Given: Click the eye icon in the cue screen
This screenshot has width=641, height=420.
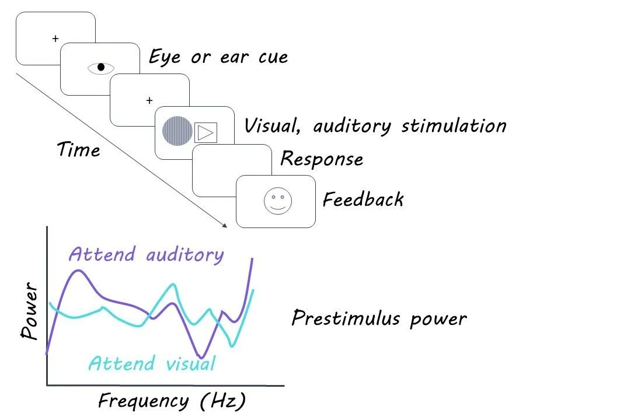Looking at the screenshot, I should point(100,68).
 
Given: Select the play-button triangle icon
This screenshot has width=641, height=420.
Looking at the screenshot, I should point(205,133).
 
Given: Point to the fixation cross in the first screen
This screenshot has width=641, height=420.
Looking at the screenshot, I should point(55,39).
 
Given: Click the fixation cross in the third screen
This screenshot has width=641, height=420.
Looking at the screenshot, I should point(149,100).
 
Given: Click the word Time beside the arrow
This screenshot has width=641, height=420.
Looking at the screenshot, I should point(79,150).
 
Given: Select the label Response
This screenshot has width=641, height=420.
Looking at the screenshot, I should point(322,159).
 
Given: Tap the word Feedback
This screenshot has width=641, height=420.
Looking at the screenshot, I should point(363,199).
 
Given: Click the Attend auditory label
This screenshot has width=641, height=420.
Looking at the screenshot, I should point(146,254).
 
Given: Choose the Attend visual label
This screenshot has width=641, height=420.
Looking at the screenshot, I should point(152,363).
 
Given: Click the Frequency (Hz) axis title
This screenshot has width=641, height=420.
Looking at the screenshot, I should point(172,401).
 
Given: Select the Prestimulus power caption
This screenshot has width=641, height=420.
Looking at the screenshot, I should point(379,318).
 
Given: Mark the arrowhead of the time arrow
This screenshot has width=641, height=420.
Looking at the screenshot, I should point(224,224).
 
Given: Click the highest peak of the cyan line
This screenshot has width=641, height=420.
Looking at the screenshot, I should point(173,284).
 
